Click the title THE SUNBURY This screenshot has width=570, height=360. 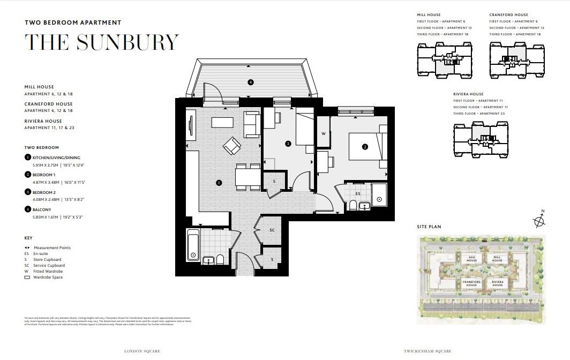101,42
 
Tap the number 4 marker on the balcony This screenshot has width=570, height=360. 250,82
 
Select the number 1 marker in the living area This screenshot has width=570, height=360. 219,183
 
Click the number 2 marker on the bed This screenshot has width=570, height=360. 365,146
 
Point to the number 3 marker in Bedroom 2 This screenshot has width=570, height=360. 288,144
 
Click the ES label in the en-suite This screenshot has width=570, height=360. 358,193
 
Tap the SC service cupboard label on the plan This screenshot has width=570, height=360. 272,230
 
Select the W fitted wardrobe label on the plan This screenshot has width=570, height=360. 324,133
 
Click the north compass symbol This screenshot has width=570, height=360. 539,221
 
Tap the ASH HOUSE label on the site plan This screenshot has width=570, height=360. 471,259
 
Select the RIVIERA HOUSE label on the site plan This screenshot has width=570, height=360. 498,283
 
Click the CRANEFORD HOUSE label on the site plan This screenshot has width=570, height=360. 471,283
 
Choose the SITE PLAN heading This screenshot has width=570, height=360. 429,227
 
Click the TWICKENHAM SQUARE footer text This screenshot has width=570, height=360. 427,351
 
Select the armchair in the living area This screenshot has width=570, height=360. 233,146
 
